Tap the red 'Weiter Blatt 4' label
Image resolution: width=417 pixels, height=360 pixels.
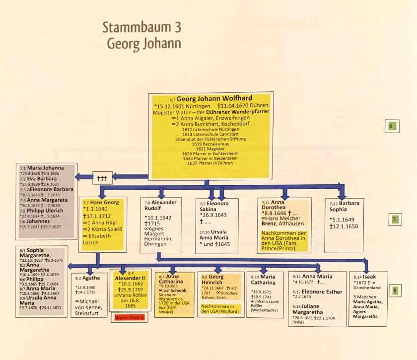129,318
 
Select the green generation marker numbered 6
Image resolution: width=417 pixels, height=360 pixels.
391,126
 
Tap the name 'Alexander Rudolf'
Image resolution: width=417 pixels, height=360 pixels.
164,206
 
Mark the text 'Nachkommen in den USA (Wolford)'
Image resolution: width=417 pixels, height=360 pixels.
219,309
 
